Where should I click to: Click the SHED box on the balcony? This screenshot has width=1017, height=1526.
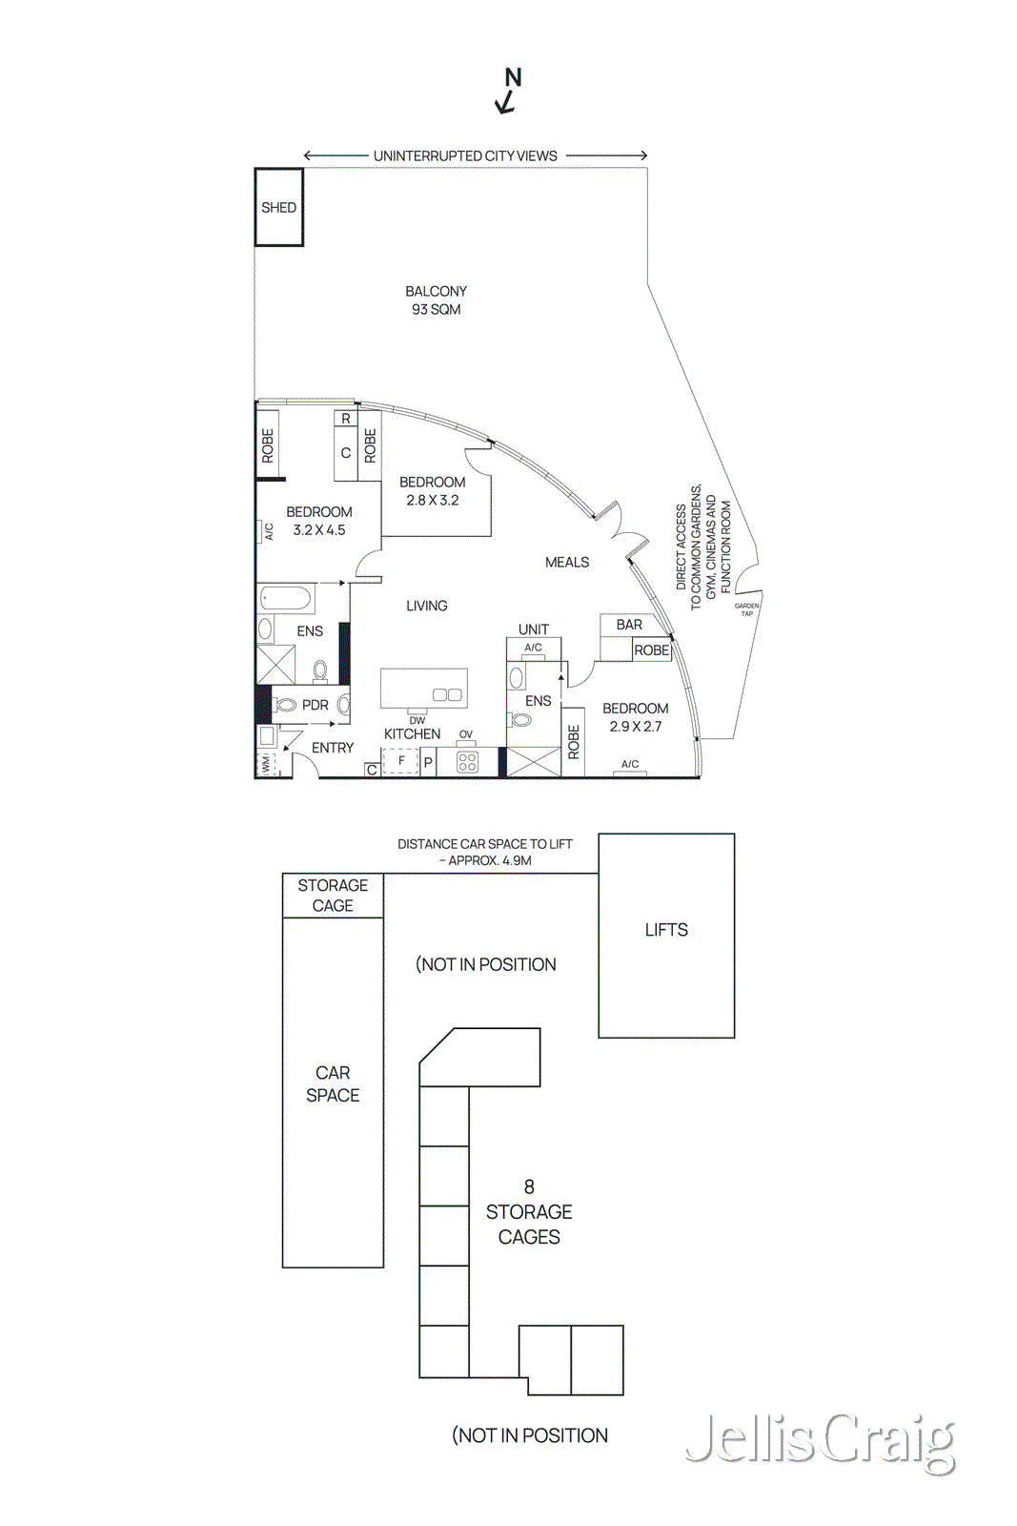pos(278,207)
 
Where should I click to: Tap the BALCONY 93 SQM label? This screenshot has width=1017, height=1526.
pos(436,300)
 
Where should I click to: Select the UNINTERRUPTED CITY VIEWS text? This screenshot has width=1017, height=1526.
pos(465,155)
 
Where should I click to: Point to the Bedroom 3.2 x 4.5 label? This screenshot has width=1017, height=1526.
pos(319,521)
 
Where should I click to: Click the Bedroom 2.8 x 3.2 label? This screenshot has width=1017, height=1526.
pos(433,491)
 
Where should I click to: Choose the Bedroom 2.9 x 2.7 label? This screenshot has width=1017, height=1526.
pos(635,717)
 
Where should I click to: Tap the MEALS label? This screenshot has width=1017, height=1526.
pos(567,563)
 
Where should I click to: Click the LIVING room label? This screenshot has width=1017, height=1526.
pos(426,606)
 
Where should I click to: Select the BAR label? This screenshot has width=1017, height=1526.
pos(629,625)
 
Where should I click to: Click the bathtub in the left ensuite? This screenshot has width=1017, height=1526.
pos(287,599)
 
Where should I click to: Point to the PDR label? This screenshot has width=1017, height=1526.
pos(315,706)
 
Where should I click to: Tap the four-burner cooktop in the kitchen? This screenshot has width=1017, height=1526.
pos(467,761)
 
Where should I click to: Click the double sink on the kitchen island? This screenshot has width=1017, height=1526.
pos(447,694)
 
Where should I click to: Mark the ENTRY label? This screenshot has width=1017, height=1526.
pos(333,749)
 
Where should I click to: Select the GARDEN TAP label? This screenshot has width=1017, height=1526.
pos(746,609)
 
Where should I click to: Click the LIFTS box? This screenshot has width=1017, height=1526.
pos(666,935)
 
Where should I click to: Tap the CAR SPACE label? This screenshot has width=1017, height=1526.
pos(333,1084)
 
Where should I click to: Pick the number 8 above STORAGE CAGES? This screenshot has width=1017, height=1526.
pos(529,1186)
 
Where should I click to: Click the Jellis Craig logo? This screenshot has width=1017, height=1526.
pos(820,1441)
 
